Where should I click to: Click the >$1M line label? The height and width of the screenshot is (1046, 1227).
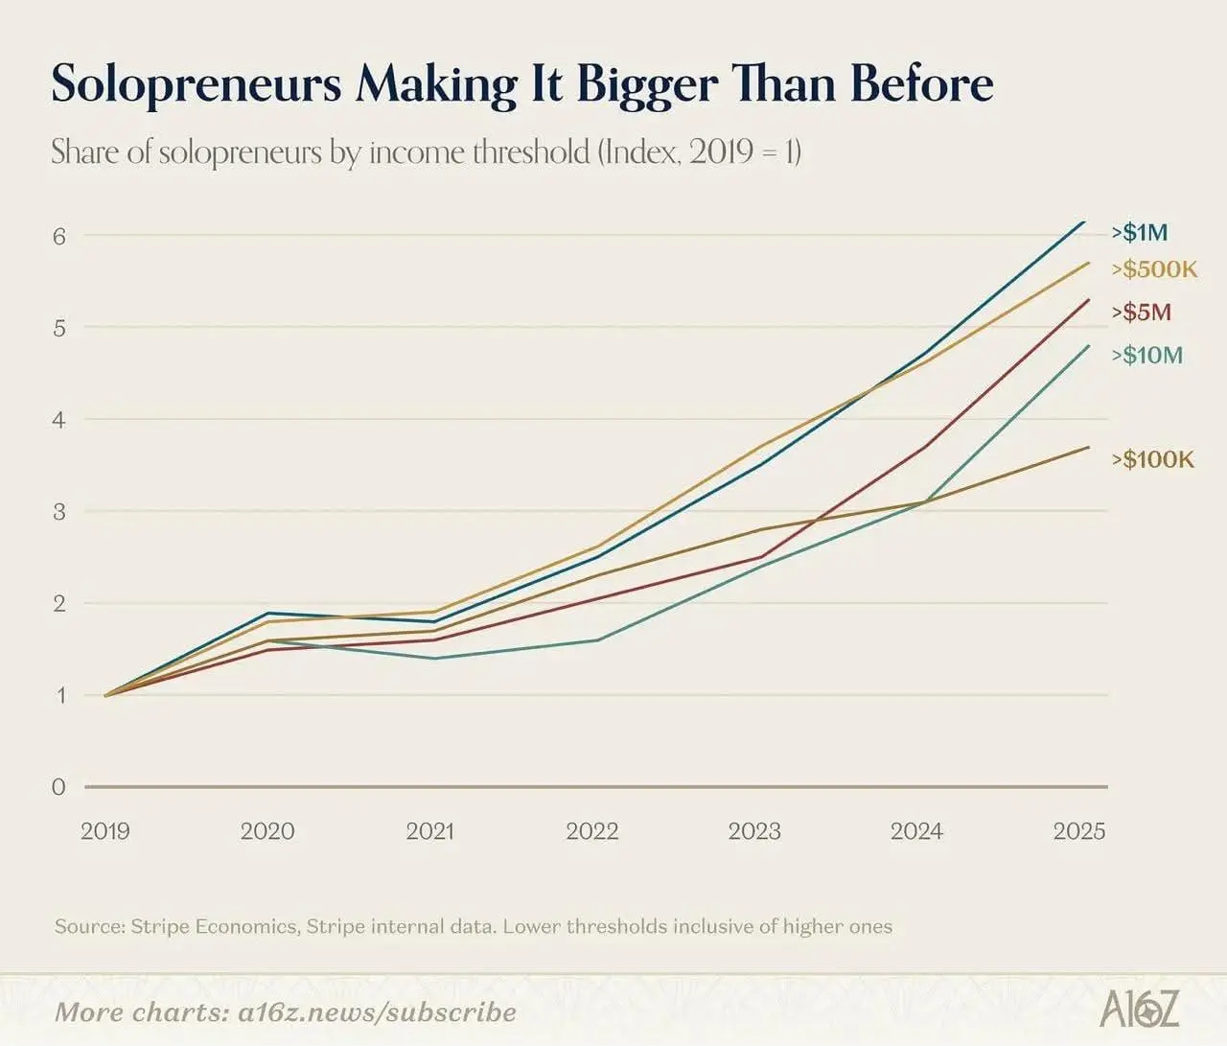pos(1139,232)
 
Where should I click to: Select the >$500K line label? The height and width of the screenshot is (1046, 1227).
pos(1154,269)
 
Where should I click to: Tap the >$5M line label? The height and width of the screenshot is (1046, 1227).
pos(1141,313)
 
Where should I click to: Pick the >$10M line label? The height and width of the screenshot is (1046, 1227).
pos(1146,355)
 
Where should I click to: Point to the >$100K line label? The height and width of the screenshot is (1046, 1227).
pos(1152,459)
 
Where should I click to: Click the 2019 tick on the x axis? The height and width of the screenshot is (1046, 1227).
pos(105,831)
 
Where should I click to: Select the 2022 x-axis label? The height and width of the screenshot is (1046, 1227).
pos(592,831)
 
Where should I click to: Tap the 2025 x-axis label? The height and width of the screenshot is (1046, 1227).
pos(1079,831)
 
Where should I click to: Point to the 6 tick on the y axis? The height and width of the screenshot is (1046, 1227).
pos(58,237)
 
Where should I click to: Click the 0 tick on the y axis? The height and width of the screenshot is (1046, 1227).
pos(58,787)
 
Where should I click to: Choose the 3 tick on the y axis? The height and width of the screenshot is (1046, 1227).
pos(58,512)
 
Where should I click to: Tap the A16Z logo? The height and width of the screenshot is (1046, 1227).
pos(1139,1007)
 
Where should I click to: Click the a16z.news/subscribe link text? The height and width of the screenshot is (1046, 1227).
pos(377,1012)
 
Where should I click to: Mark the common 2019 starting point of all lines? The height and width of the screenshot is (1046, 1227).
pos(105,695)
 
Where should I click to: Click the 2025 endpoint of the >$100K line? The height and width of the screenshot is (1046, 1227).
pos(1089,447)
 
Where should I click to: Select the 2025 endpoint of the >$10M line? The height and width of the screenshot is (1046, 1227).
pos(1089,345)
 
